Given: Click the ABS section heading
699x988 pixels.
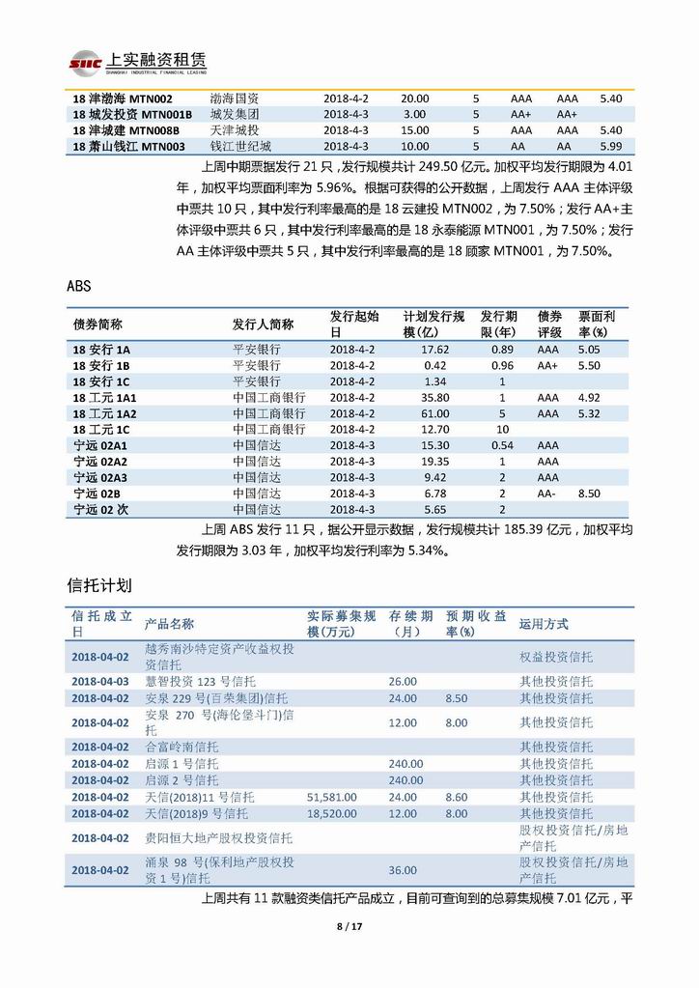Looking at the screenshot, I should tap(80, 287).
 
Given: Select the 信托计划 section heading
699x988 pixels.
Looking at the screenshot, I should tap(99, 586).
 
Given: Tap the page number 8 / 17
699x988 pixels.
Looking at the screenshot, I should tap(349, 928).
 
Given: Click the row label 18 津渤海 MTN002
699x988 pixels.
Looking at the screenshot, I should tap(123, 99).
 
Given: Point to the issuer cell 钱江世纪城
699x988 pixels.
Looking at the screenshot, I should tap(240, 146).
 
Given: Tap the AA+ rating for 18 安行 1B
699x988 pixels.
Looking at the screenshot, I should tap(547, 365).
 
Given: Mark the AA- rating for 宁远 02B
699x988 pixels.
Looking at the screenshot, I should tap(547, 493).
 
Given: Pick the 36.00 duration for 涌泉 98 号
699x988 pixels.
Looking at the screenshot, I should tap(403, 869).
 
